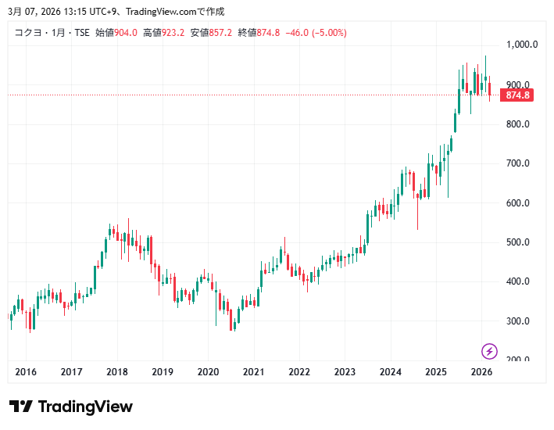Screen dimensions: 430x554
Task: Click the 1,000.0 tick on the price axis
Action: tap(522, 45)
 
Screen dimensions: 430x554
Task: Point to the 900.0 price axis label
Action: tap(517, 84)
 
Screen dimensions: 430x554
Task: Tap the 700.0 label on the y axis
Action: tap(517, 163)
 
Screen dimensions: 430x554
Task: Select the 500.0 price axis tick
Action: tap(517, 242)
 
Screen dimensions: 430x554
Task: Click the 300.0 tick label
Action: tap(517, 321)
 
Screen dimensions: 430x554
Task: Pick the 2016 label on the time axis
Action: tap(26, 372)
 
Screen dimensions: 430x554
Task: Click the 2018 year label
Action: tap(117, 372)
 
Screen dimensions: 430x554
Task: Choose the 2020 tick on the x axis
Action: tap(208, 372)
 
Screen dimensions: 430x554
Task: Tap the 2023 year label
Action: tap(345, 372)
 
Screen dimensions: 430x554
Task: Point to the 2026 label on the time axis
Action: tap(481, 372)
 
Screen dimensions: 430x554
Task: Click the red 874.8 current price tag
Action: tap(517, 95)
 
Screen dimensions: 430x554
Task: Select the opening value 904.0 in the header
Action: tap(126, 33)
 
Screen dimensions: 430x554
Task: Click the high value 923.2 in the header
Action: tap(173, 33)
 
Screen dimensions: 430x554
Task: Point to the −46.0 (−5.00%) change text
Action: tap(316, 33)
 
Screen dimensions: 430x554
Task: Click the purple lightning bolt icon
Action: tap(490, 351)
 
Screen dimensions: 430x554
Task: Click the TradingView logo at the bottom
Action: tap(71, 407)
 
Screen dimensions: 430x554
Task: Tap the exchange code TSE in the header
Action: tap(82, 33)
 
